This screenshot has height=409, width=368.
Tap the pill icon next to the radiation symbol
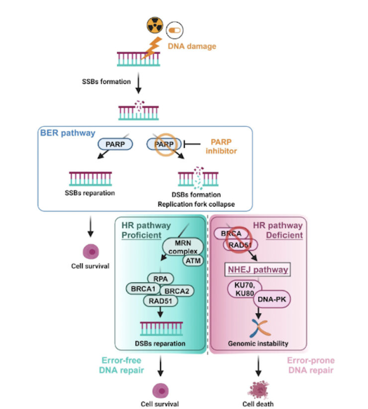pos(175,31)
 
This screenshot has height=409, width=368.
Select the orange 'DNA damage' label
pos(191,46)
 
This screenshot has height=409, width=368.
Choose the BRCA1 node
pos(144,289)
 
